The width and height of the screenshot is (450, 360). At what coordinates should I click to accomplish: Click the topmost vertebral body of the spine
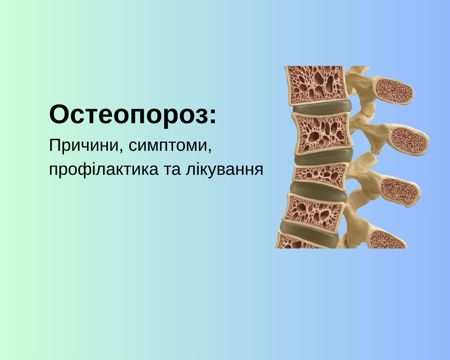click(316, 85)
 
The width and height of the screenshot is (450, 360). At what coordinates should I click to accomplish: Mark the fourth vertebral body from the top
click(314, 212)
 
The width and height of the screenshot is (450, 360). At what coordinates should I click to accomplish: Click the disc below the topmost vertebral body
click(322, 107)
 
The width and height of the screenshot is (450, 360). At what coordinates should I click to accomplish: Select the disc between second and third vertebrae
click(322, 157)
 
